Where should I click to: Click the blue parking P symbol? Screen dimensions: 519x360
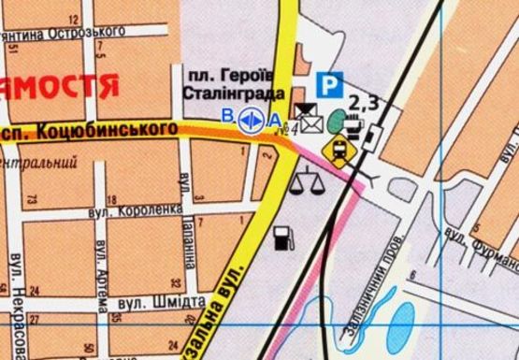(x=328, y=85)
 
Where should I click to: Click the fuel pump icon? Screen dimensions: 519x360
(x=281, y=238)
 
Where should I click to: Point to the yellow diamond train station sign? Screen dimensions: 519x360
(x=337, y=149)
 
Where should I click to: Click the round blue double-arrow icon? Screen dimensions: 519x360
(x=250, y=119)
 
